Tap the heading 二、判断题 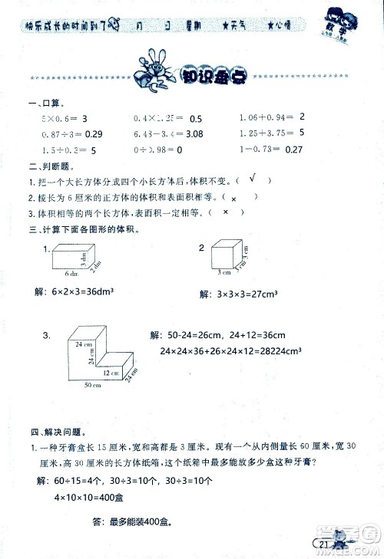click(x=44, y=166)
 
